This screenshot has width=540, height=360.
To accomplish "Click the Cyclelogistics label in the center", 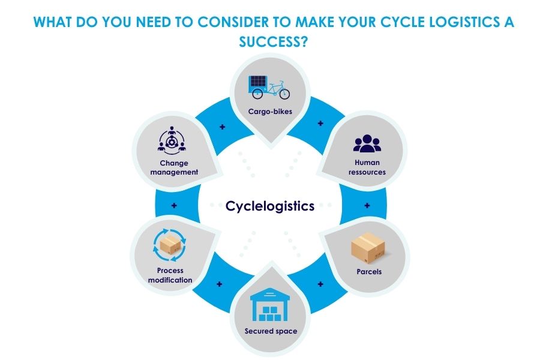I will coord(270,206).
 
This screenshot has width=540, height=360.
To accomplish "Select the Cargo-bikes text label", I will coord(269,111).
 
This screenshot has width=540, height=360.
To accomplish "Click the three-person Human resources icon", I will coord(367,142).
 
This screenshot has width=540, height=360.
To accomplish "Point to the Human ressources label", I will coord(367,167).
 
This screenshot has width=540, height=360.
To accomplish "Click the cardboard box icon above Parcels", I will coord(367,247).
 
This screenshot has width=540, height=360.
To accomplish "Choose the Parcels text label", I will coord(367,272).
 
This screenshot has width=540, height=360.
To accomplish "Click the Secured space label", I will coord(270,331).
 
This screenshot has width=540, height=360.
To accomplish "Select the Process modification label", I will coord(174,275).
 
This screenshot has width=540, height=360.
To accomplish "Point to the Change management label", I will coord(174,167).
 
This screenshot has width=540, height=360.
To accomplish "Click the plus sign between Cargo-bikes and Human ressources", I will coord(320,124).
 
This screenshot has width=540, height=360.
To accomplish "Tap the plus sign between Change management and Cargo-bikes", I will coord(223,127).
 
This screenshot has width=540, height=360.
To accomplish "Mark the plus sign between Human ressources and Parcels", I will coord(367,205).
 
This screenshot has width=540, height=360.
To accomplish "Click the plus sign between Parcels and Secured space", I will coord(320,283).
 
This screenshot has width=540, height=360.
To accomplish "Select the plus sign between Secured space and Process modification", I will coord(220,283).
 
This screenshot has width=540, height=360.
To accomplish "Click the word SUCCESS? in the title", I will coord(269,43).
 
